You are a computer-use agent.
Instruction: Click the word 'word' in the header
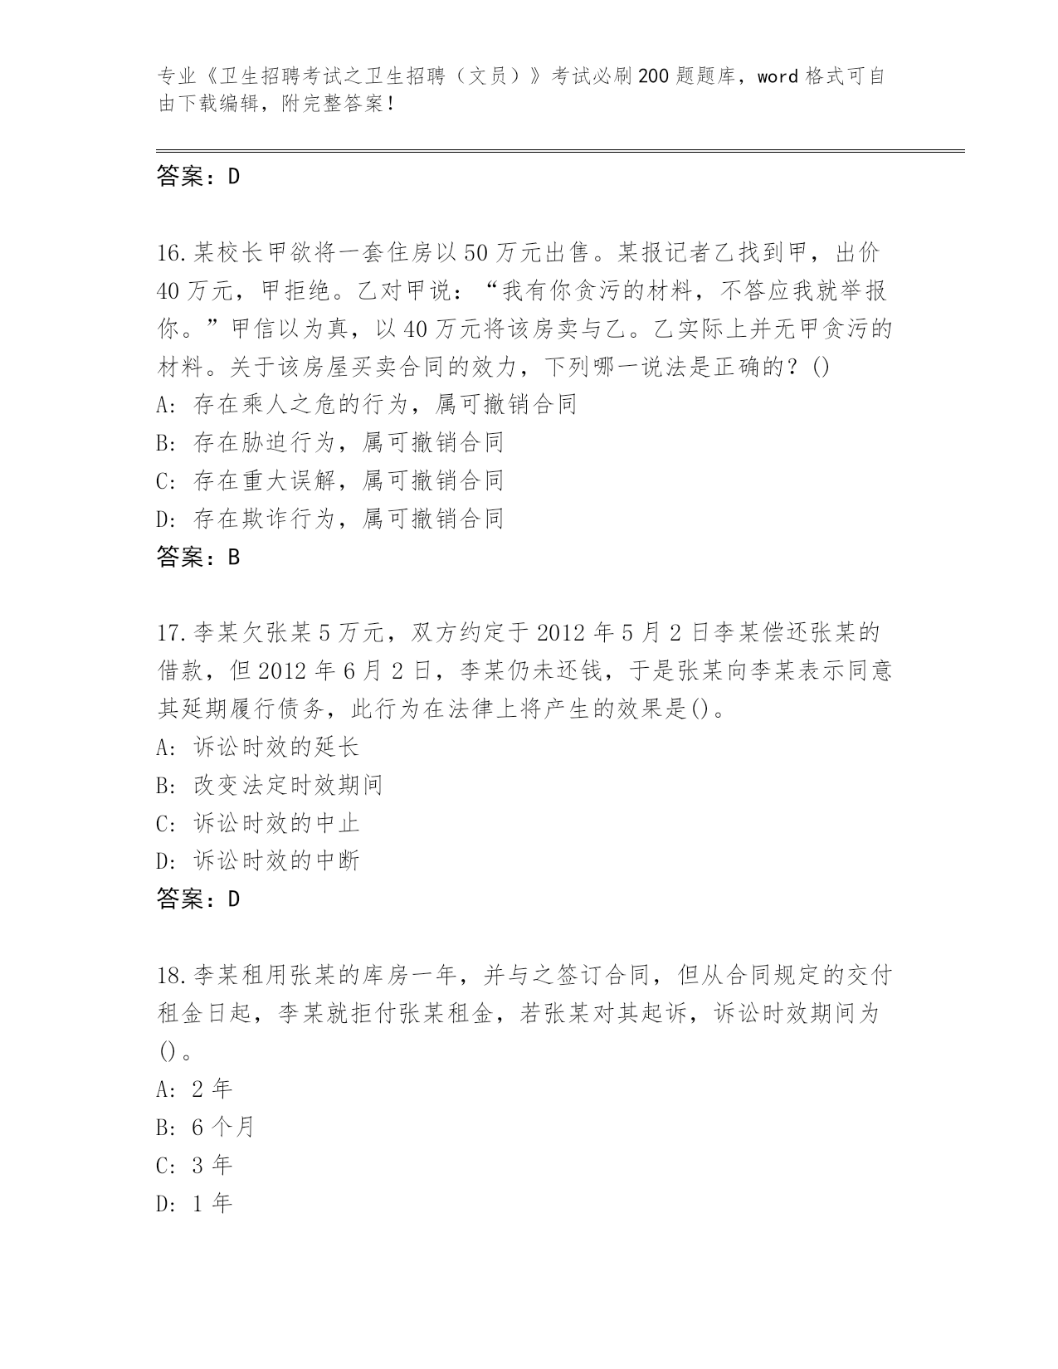coord(778,77)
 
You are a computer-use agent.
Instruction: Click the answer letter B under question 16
coord(233,558)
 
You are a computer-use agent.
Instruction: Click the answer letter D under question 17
coord(233,899)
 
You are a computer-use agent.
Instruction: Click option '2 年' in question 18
coord(212,1089)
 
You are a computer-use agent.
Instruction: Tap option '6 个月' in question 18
coord(222,1128)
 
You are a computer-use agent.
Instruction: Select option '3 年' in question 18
coord(212,1166)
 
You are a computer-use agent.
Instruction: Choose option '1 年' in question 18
coord(212,1204)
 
